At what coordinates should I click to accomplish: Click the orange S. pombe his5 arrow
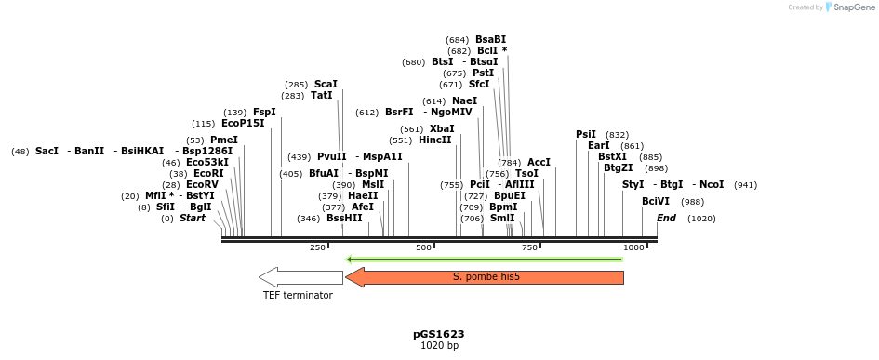[484, 277]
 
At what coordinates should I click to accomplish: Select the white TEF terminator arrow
[300, 277]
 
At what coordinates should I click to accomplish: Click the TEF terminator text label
[297, 295]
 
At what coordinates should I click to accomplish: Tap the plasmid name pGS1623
[439, 334]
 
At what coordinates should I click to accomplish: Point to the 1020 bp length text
[439, 346]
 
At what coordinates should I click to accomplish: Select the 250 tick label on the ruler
[317, 247]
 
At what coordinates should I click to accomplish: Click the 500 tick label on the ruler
[424, 247]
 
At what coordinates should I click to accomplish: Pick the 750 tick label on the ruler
[530, 247]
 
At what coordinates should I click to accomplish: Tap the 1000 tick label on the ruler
[634, 247]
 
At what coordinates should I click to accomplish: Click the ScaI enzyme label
[326, 84]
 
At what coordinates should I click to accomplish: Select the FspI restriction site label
[264, 112]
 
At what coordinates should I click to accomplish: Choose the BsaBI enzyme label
[490, 39]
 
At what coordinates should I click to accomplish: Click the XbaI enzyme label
[442, 128]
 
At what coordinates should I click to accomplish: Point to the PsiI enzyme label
[586, 134]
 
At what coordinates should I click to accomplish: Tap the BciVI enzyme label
[656, 201]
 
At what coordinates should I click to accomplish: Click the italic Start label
[193, 218]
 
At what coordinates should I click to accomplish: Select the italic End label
[666, 218]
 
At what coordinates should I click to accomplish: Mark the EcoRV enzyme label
[202, 184]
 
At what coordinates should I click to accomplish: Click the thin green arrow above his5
[484, 259]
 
